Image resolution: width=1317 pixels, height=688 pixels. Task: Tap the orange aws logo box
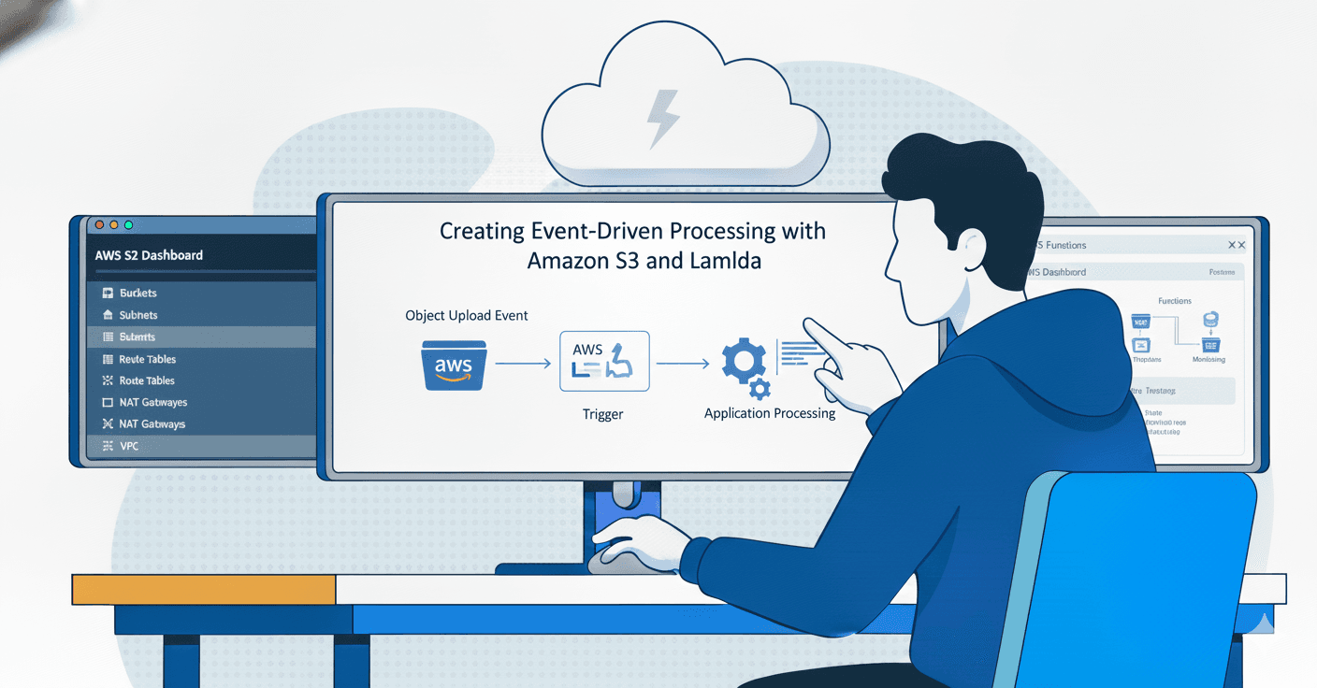(x=454, y=365)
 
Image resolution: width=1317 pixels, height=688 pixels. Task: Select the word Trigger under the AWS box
(x=602, y=414)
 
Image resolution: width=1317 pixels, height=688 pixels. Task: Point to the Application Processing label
(x=769, y=412)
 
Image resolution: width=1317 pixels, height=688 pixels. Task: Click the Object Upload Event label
(x=466, y=316)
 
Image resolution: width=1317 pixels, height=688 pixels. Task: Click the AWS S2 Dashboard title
(x=149, y=255)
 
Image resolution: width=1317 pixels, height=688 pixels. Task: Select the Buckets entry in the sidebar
(x=137, y=294)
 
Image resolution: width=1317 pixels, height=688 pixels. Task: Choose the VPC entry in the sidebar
(x=129, y=447)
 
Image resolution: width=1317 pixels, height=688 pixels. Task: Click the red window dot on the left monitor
(x=99, y=225)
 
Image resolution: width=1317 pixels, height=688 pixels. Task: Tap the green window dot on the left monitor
(x=128, y=225)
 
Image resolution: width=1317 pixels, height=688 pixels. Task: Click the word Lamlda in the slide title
(x=724, y=261)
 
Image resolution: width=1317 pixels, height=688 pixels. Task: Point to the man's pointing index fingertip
(x=807, y=323)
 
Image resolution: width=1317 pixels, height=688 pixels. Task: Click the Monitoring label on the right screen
(x=1208, y=359)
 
